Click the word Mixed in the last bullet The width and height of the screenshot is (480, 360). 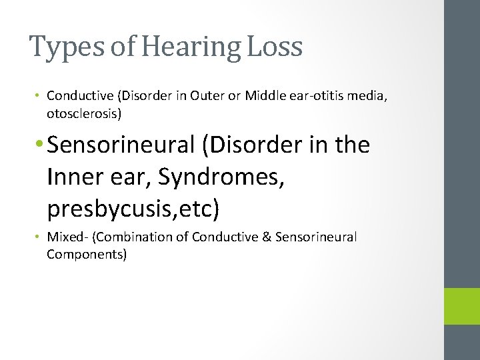click(x=64, y=237)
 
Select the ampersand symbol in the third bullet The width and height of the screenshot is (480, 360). click(x=269, y=237)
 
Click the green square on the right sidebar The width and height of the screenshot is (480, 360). click(x=462, y=306)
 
